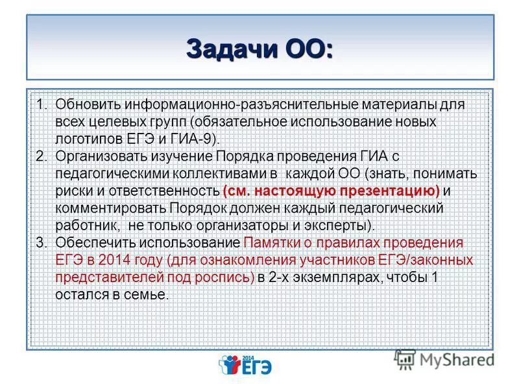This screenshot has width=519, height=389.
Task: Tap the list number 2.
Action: click(40, 157)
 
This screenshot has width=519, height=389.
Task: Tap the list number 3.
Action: click(40, 243)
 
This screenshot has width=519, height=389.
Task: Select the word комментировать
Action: click(110, 209)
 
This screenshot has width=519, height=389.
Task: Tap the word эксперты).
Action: click(347, 226)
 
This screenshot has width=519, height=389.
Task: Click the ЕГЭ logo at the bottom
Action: click(247, 366)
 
